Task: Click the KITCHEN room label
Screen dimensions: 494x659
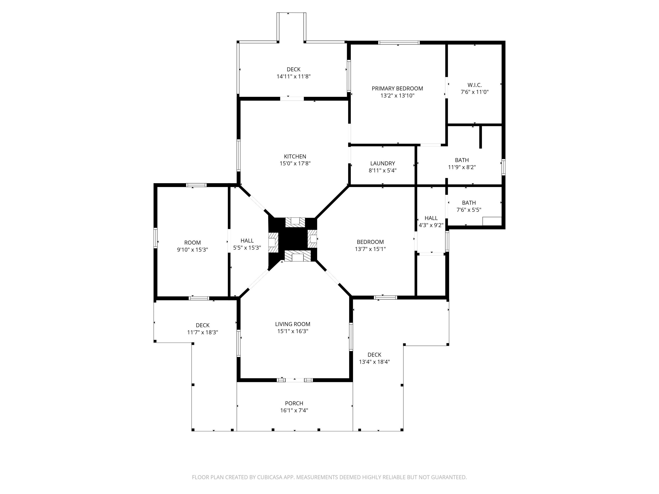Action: [295, 157]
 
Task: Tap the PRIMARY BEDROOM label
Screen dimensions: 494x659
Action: [397, 89]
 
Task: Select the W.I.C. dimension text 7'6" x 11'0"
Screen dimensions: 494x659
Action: [474, 92]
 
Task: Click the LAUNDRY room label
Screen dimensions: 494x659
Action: [382, 164]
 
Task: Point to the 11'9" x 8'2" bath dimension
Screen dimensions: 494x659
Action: [462, 167]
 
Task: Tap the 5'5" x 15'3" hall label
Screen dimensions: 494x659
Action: [247, 248]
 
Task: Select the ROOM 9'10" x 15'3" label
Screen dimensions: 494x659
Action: [192, 246]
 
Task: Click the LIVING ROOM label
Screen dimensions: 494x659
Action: [293, 324]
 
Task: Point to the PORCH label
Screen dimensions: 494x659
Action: [294, 404]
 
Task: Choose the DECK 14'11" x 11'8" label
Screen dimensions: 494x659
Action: [293, 73]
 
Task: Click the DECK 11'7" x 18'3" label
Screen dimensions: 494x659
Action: [203, 329]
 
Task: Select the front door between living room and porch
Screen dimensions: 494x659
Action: [295, 380]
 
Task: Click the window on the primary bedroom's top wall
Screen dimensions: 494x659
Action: [399, 43]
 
